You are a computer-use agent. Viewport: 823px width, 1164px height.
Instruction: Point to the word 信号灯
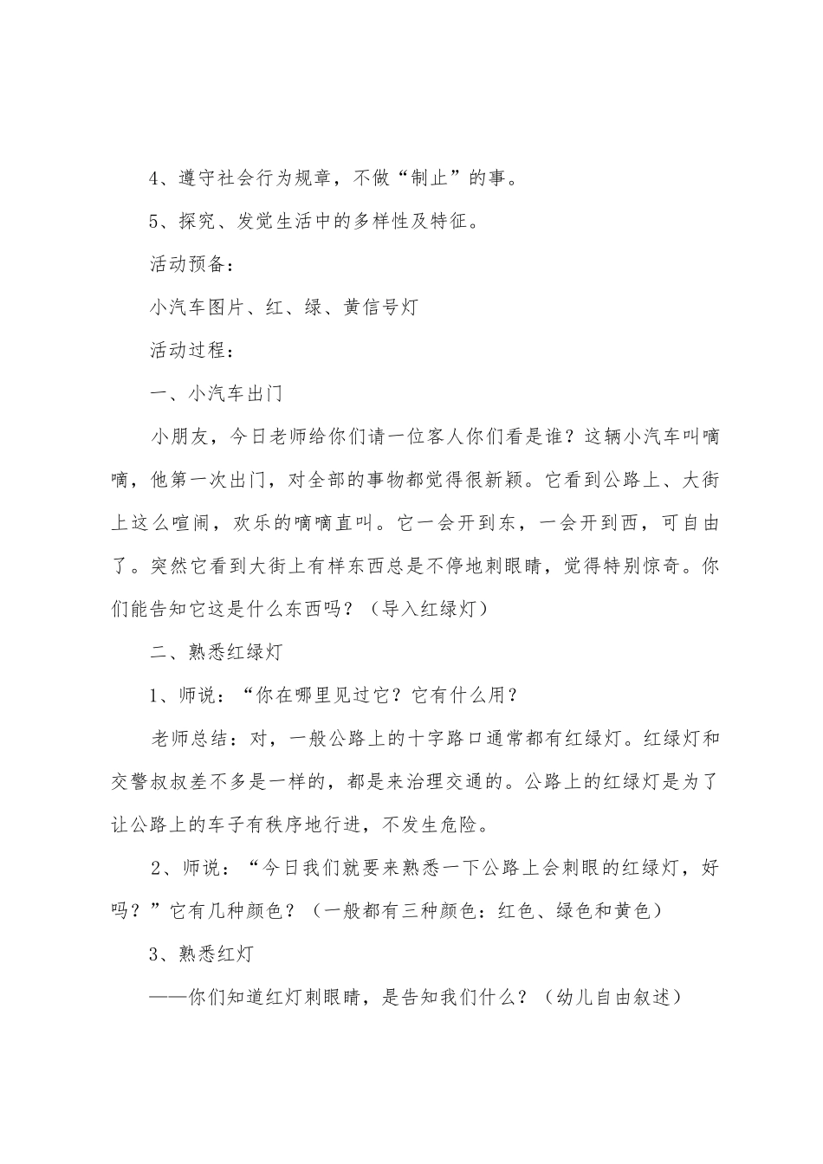click(390, 307)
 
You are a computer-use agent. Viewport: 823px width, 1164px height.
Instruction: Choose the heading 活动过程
click(190, 351)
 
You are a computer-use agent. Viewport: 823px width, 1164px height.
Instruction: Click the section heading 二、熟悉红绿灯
click(216, 652)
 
